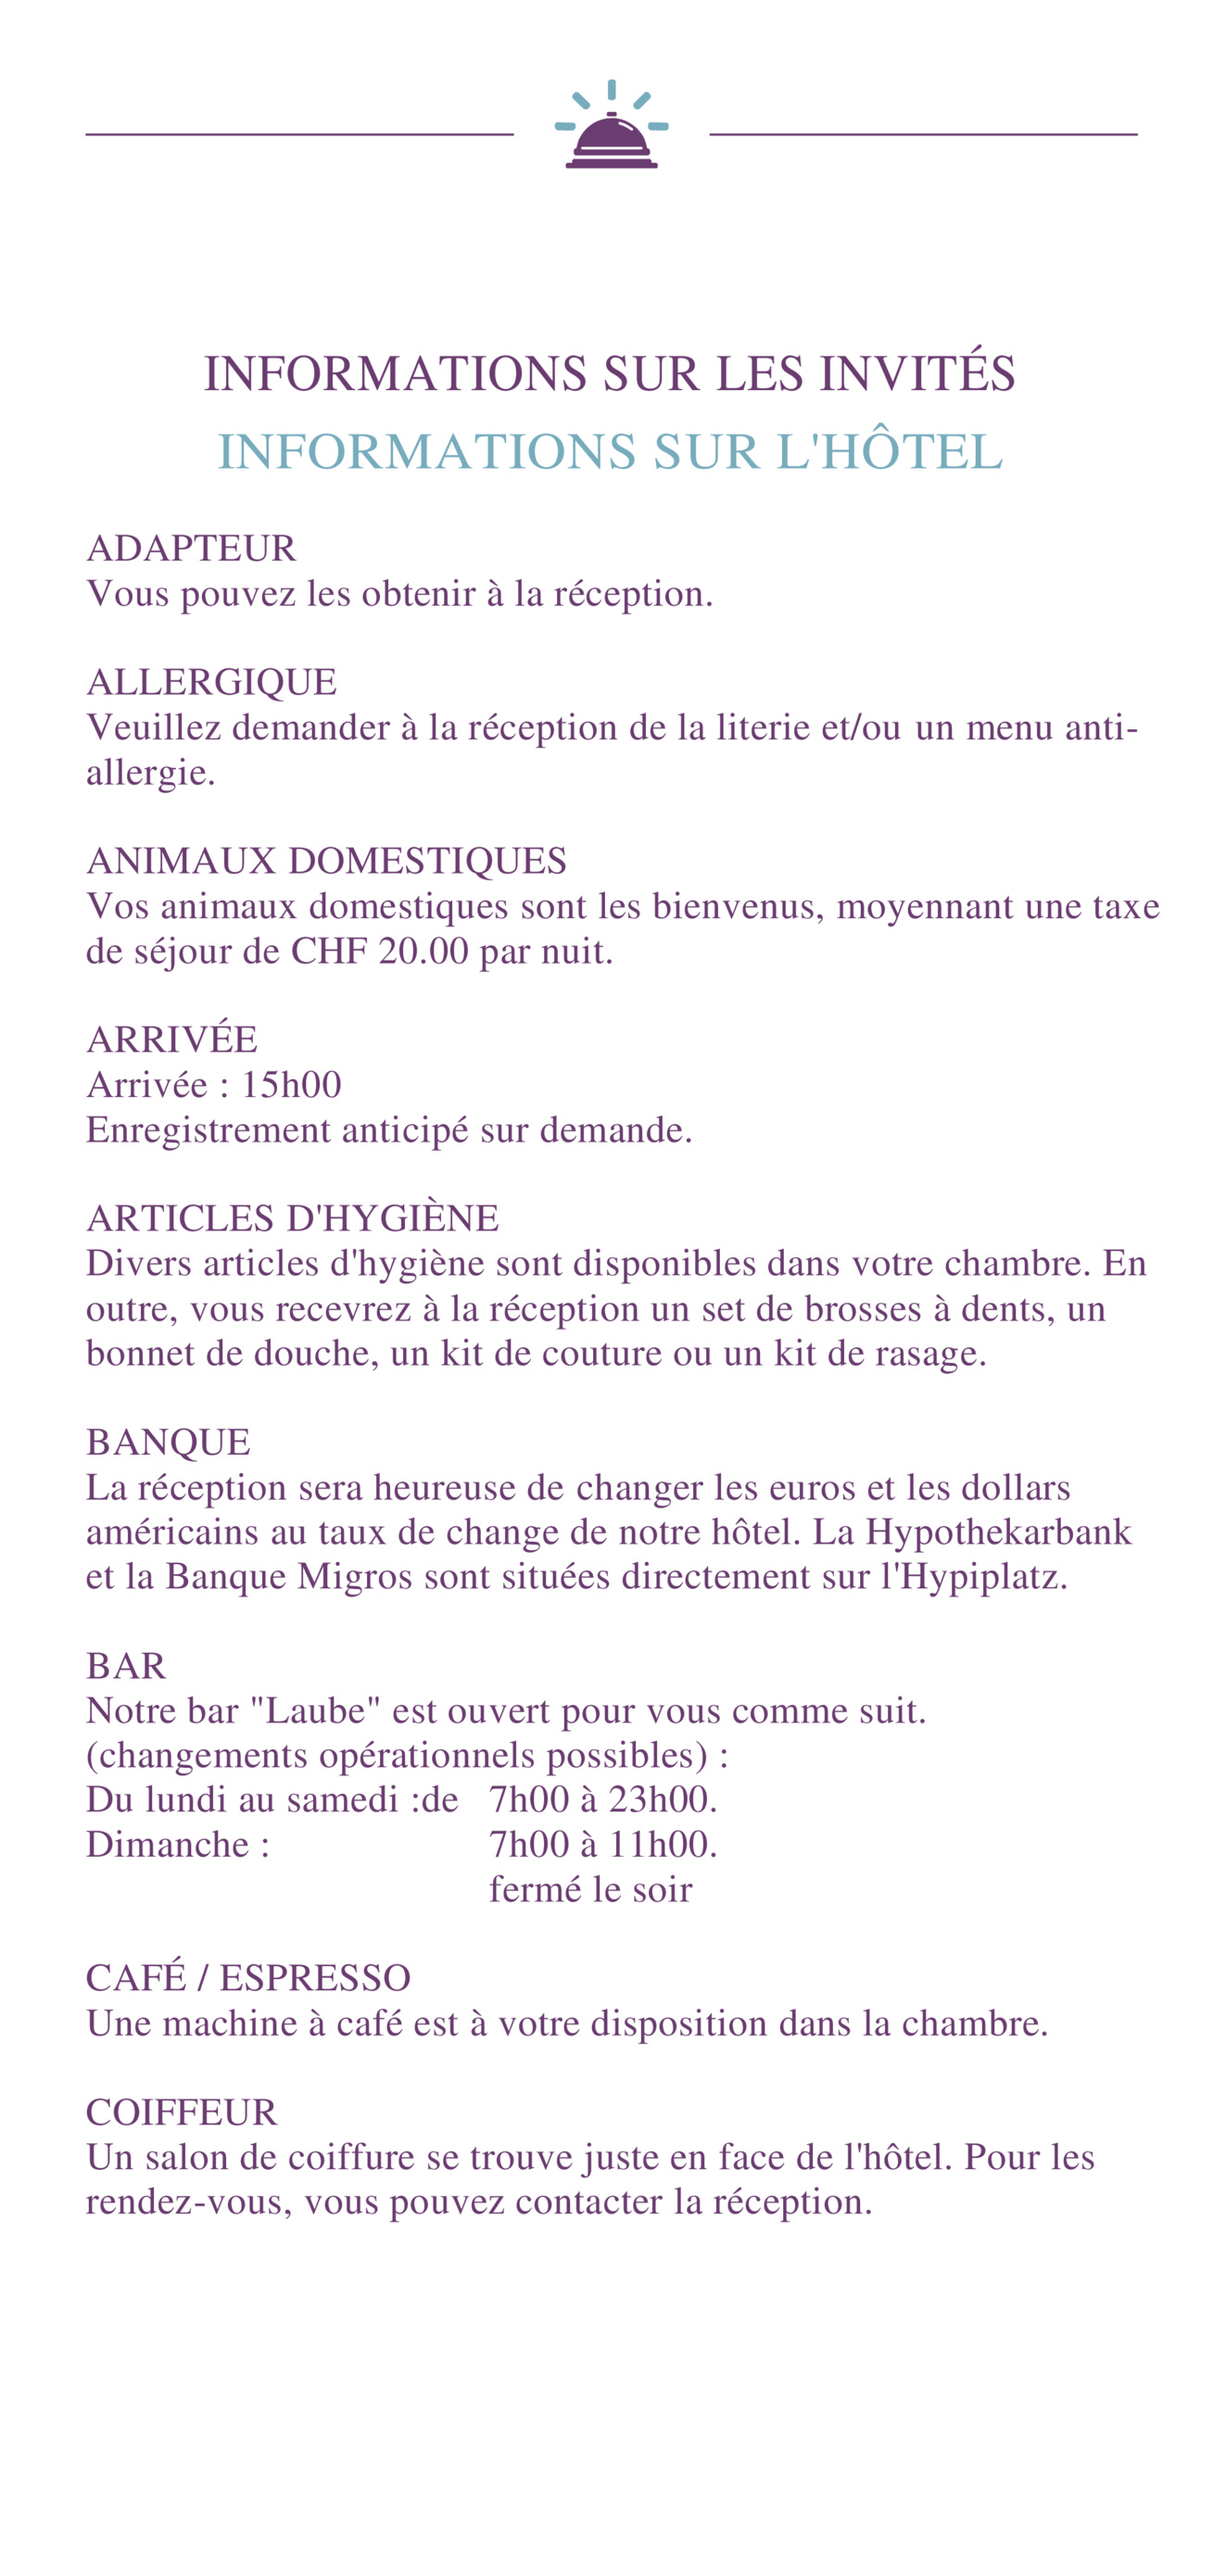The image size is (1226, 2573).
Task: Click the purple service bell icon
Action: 611,139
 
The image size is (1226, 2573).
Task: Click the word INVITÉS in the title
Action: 916,374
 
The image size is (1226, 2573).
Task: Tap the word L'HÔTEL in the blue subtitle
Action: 890,452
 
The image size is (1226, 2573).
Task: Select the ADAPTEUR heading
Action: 191,549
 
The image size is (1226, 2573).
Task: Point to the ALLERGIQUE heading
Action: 211,683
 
